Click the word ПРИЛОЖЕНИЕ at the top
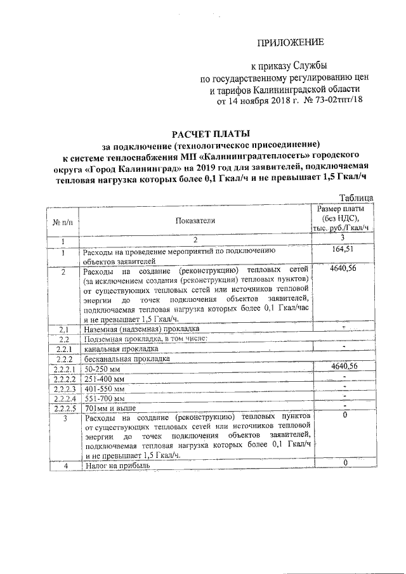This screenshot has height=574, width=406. coord(290,42)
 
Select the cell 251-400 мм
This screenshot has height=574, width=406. coord(104,379)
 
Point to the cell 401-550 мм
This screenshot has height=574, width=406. coord(104,389)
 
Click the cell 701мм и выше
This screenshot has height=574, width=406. coord(110,408)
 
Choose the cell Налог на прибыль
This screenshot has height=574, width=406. coord(116,466)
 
